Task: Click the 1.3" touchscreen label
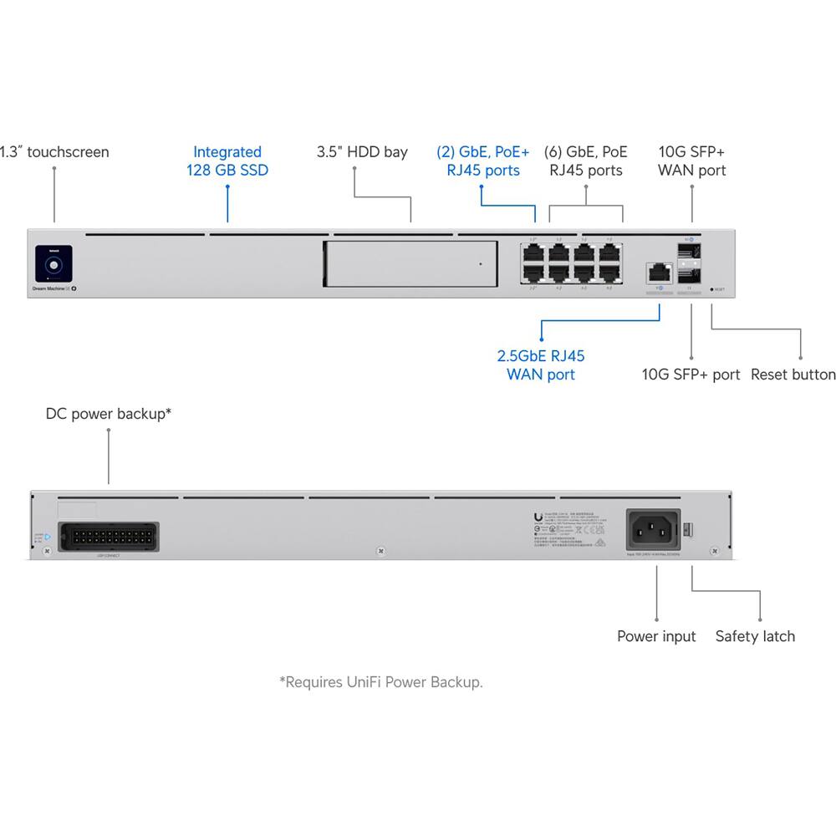coord(55,152)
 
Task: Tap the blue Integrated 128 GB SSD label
coord(227,161)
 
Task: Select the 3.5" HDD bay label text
coord(362,152)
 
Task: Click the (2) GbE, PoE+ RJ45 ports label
coord(482,161)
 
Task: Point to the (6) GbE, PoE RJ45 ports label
coord(585,161)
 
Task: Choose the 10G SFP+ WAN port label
coord(691,161)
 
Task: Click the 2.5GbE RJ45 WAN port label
coord(541,365)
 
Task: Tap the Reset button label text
coord(793,375)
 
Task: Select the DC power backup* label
coord(109,414)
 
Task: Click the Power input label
coord(656,636)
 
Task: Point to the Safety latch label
coord(755,636)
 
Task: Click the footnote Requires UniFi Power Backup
coord(381,682)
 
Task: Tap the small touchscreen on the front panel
coord(54,264)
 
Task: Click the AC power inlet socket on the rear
coord(653,530)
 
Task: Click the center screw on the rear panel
coord(380,551)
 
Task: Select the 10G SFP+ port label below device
coord(691,375)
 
